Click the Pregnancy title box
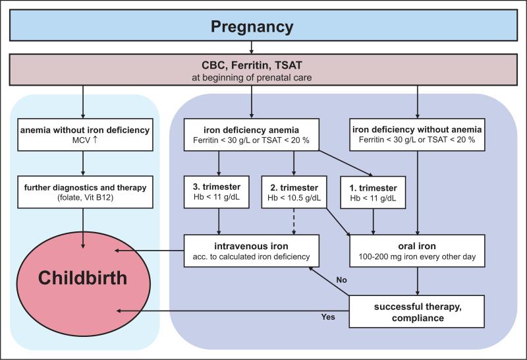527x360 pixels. [253, 27]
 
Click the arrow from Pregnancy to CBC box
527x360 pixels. [253, 49]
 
